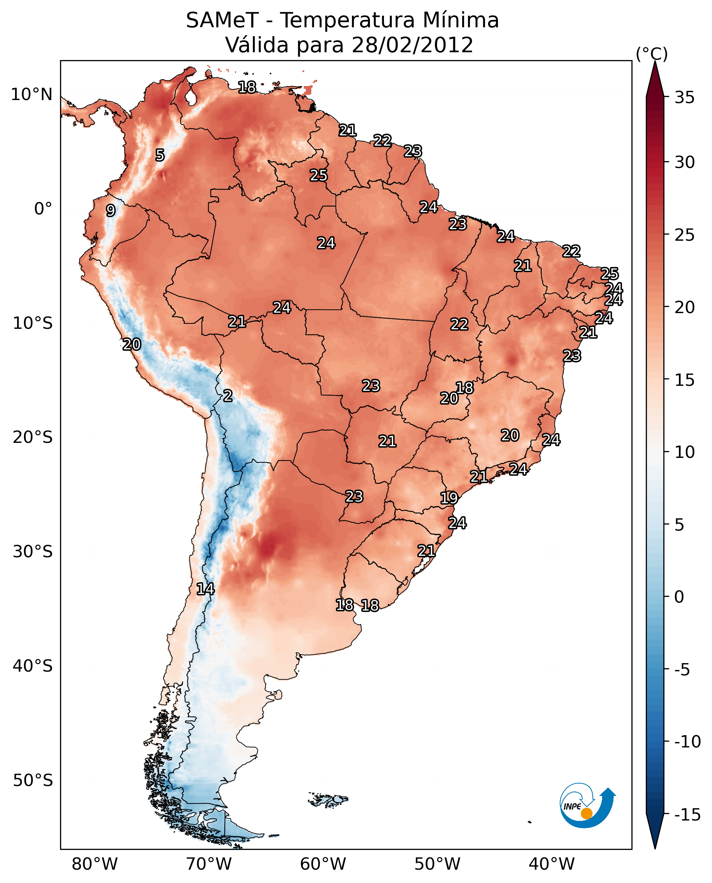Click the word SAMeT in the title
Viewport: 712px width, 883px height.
[x=222, y=20]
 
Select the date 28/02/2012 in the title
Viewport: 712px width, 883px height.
[x=412, y=45]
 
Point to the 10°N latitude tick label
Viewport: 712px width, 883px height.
[x=32, y=95]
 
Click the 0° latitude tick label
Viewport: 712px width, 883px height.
[x=43, y=209]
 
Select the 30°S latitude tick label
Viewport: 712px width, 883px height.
[x=33, y=551]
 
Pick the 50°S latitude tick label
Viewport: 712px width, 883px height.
[x=33, y=780]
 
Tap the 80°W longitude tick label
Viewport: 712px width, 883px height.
[x=95, y=864]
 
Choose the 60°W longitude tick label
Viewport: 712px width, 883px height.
[x=323, y=864]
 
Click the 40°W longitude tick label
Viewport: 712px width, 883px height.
[x=552, y=864]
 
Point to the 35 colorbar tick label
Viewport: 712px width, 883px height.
[x=684, y=98]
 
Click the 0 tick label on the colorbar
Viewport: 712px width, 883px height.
[x=679, y=597]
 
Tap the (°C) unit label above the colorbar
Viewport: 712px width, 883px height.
[x=652, y=54]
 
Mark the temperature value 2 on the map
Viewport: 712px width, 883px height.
[x=228, y=396]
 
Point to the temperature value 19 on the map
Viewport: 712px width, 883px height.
[x=449, y=498]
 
